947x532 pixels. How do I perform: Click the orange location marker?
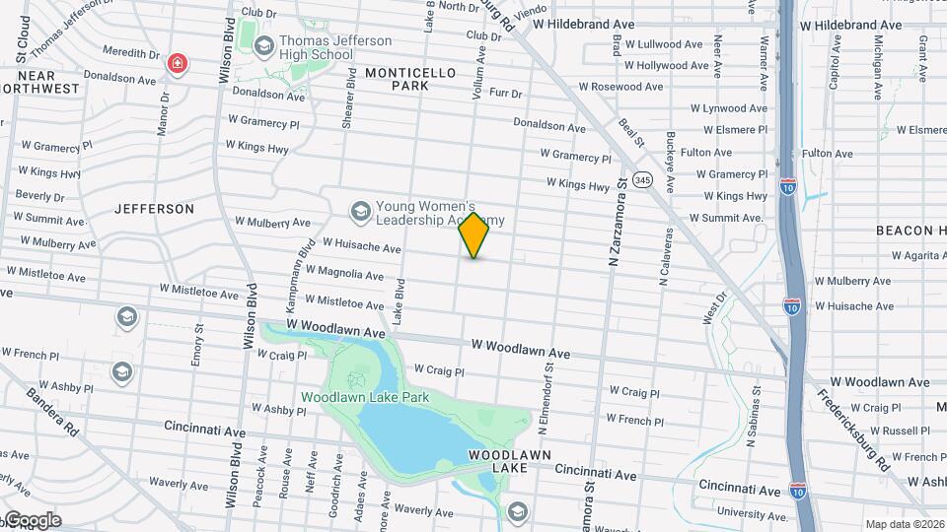coord(474,234)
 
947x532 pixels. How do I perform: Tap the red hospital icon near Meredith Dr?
coord(178,65)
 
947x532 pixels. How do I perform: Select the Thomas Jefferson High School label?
coord(321,48)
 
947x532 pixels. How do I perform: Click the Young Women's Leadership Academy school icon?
coord(360,210)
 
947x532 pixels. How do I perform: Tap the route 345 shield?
coord(643,180)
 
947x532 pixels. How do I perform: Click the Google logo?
coord(32,520)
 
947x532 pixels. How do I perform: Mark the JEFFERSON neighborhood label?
coord(155,209)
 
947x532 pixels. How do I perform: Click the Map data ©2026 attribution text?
coord(904,524)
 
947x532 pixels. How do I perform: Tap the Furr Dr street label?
coord(505,93)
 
